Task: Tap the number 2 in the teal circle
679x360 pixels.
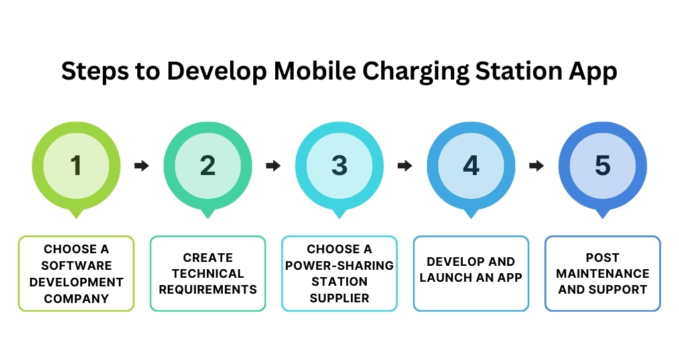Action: (x=208, y=166)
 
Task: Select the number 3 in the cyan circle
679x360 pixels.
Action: (x=339, y=166)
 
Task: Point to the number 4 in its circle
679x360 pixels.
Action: (x=471, y=166)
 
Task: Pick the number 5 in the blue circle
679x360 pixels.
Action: (x=602, y=166)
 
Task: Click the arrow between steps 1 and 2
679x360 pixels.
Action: (x=142, y=166)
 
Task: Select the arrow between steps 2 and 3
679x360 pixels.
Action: (x=273, y=166)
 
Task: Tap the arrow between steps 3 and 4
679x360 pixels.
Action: (x=405, y=166)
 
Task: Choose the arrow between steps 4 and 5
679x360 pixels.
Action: (x=536, y=166)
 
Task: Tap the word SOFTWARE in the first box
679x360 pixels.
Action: (x=76, y=265)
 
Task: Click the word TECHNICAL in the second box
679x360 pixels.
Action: (x=208, y=273)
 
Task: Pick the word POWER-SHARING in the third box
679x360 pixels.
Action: (x=339, y=265)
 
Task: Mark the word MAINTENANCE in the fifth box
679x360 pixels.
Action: (x=602, y=273)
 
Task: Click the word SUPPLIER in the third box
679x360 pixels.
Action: (x=339, y=298)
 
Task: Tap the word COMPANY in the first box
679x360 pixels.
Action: (x=76, y=298)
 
